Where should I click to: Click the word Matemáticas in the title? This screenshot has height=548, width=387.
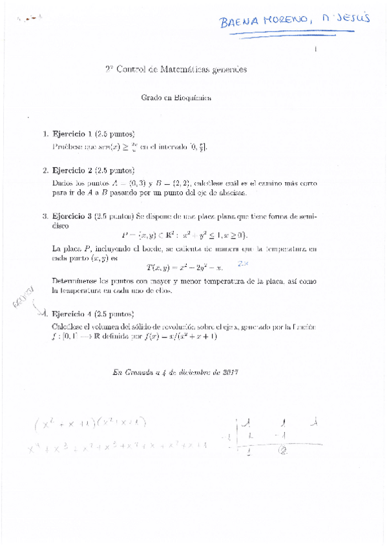pos(187,68)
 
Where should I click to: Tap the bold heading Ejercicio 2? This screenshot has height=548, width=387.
pos(72,171)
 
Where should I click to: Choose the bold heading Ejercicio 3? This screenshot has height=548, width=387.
pos(72,216)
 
